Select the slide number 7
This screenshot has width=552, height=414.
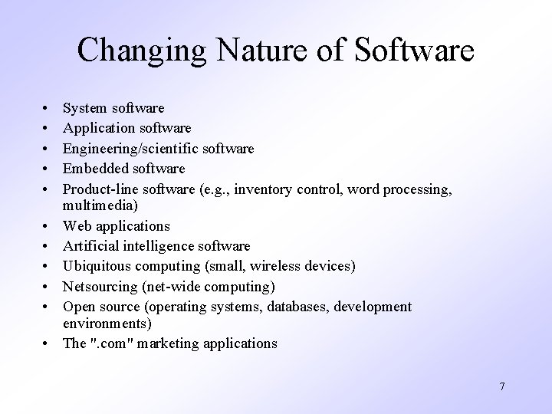(501, 386)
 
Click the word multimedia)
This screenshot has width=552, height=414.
(100, 206)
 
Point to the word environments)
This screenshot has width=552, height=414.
(103, 324)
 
